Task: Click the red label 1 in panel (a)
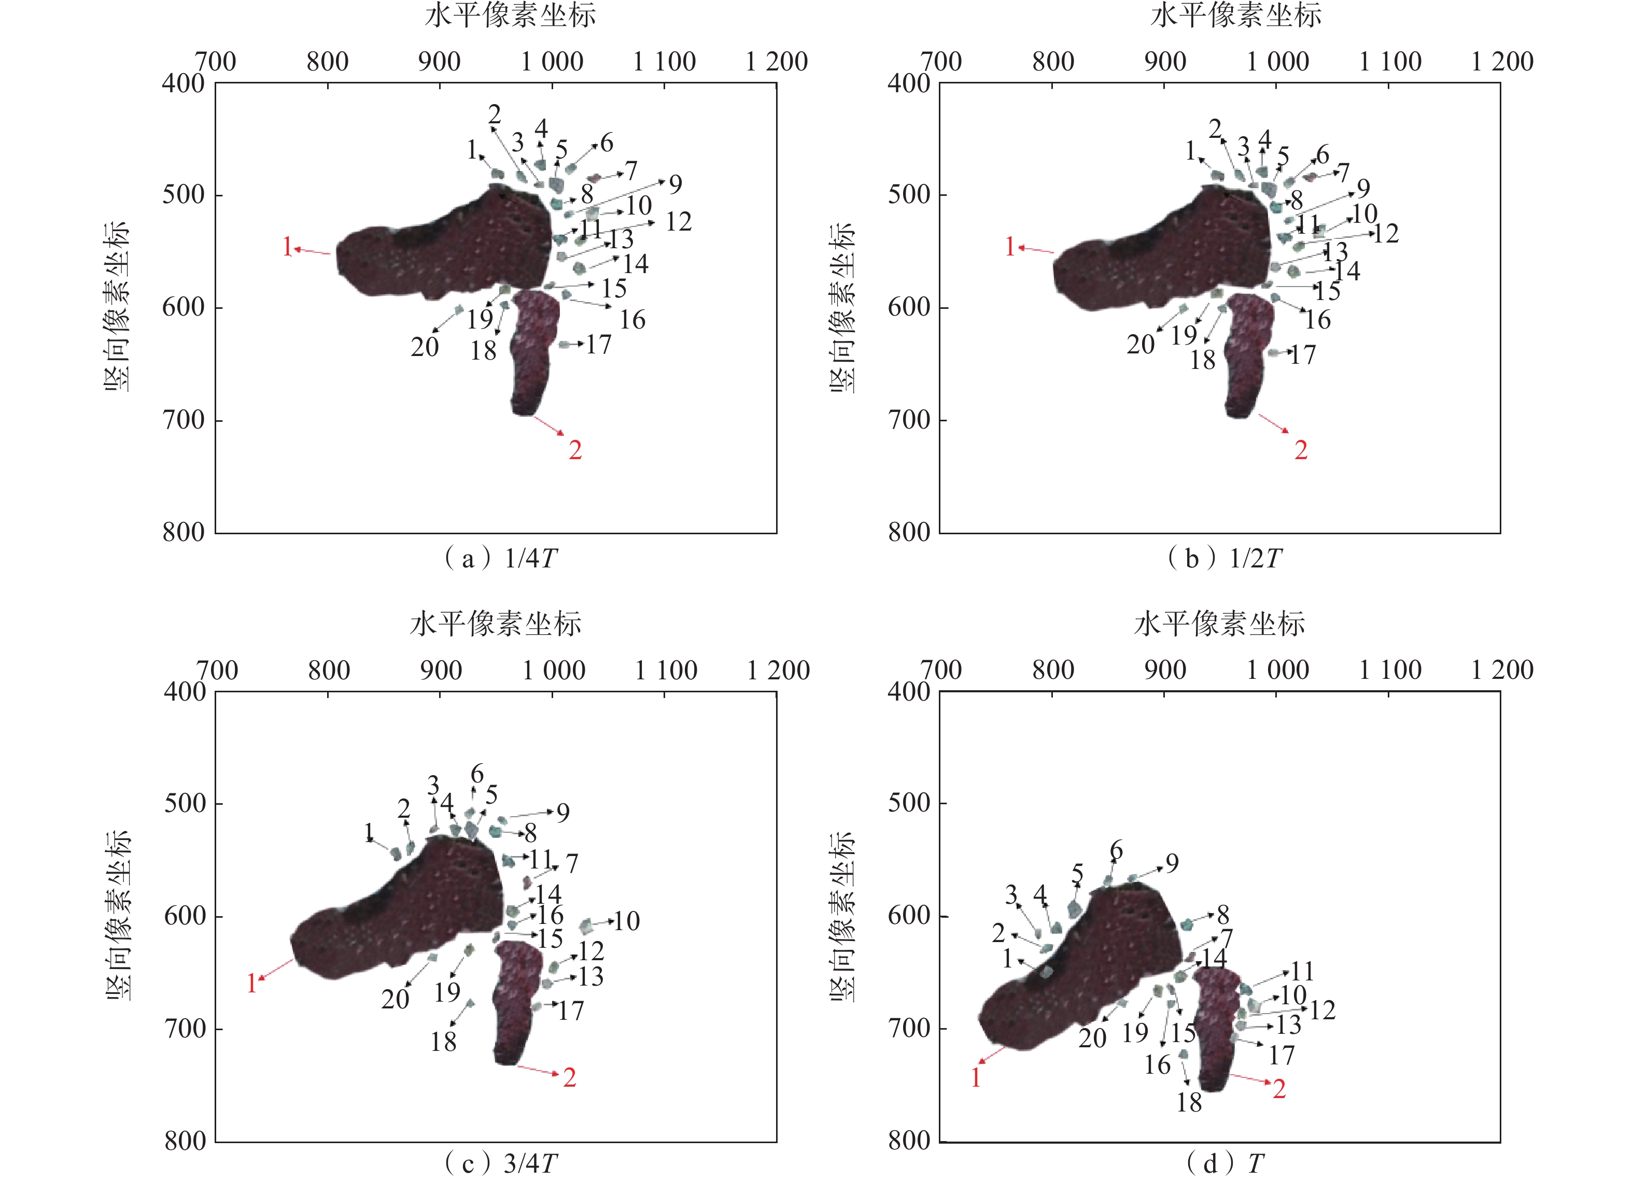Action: [x=287, y=247]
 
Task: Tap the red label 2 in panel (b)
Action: [x=1300, y=450]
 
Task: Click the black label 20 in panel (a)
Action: [x=425, y=347]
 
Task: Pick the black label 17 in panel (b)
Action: [x=1302, y=355]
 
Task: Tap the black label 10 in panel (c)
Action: [x=626, y=921]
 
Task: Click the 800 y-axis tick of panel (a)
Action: [x=184, y=532]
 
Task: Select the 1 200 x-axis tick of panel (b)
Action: [x=1502, y=62]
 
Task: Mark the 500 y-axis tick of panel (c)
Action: [x=185, y=803]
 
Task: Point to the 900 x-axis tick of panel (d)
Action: [x=1165, y=670]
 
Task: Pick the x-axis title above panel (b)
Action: [x=1235, y=15]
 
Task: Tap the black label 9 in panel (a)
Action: [x=674, y=184]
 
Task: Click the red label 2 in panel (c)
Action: [x=569, y=1078]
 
